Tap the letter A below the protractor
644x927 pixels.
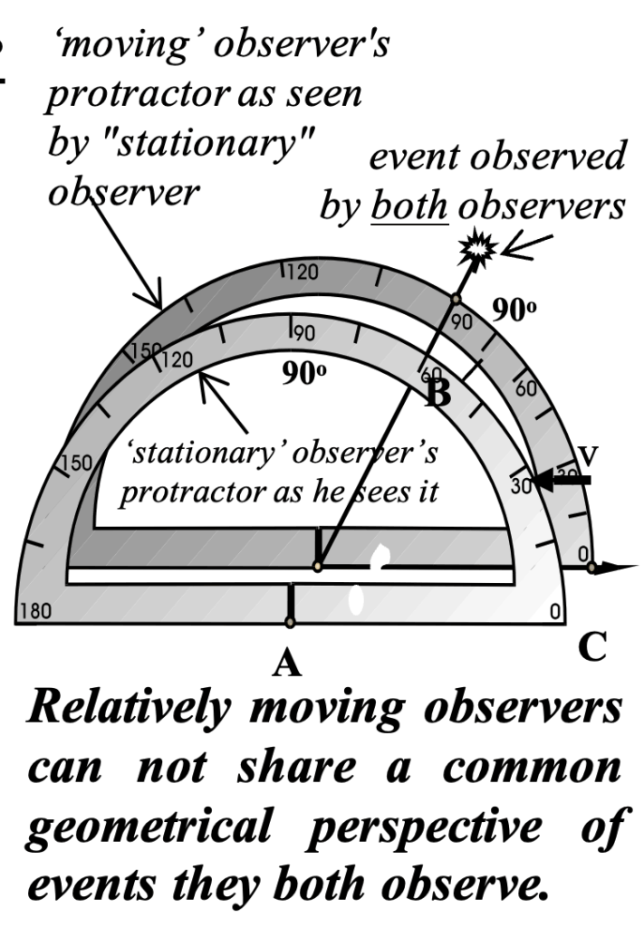click(288, 664)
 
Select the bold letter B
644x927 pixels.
click(438, 392)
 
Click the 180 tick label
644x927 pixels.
click(34, 612)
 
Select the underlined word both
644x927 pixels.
click(408, 206)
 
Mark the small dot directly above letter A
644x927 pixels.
click(289, 622)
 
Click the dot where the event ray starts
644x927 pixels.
click(317, 567)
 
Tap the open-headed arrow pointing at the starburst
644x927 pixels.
click(523, 248)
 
